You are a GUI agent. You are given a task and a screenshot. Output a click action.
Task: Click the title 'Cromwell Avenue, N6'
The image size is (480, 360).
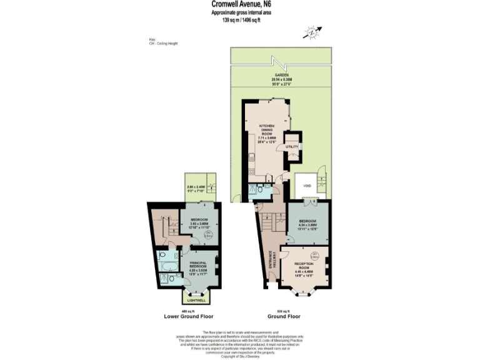click(241, 6)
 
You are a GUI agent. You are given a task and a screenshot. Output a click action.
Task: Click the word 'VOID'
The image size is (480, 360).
click(307, 185)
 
